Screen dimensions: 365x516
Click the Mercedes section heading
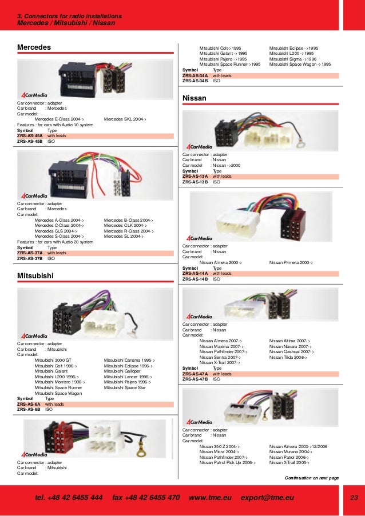tap(34, 46)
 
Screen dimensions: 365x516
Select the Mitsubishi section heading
tap(35, 275)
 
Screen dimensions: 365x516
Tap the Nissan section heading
tap(194, 98)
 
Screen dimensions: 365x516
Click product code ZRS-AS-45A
tap(30, 136)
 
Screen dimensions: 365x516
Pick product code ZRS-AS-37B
tap(30, 258)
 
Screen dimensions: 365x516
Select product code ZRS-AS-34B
tap(195, 81)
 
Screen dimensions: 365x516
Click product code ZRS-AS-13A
tap(195, 177)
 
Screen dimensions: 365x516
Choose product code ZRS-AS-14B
tap(195, 279)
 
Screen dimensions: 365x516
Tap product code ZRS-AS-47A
tap(195, 374)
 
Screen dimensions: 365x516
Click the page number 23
tap(353, 498)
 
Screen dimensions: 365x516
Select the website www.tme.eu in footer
tap(210, 498)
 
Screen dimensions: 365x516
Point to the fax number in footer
tap(146, 498)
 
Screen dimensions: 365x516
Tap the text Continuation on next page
tap(311, 478)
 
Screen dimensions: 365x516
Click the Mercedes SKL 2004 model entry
tap(125, 119)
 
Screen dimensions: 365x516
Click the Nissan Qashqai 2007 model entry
tap(291, 352)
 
